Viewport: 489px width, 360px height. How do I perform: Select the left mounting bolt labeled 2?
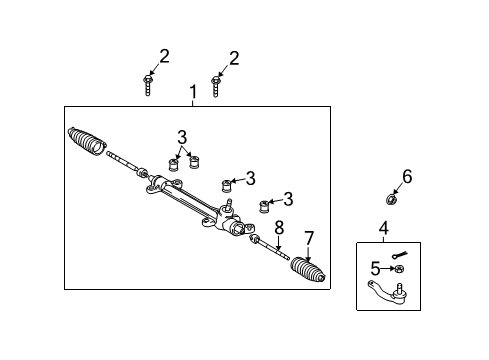pos(148,85)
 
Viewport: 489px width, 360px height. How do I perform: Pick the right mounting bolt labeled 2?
pos(216,87)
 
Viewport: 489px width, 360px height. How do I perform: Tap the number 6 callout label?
pos(407,176)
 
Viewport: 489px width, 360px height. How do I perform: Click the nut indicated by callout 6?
pos(390,200)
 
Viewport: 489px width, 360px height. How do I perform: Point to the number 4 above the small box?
pos(384,228)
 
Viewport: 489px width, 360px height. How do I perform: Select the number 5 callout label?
pos(375,268)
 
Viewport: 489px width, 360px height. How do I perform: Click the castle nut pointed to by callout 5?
pos(399,269)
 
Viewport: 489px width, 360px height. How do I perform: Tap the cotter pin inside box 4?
pos(400,256)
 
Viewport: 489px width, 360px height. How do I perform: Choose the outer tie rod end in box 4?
pos(388,292)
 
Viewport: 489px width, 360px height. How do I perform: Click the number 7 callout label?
pos(309,238)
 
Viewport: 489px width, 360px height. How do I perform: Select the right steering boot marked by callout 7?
pos(307,270)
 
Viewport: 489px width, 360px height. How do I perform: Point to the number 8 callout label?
pos(279,228)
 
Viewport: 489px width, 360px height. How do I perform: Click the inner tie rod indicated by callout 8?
pos(269,247)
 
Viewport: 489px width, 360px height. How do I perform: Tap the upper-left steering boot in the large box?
pos(87,141)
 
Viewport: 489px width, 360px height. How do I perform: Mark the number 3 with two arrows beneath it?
pos(182,137)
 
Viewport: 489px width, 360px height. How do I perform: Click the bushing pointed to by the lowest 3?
pos(264,207)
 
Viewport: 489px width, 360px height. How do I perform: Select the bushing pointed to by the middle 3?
pos(227,186)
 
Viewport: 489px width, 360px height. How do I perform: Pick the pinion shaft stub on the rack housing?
pos(228,204)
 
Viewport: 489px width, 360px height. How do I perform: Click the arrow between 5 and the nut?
pos(388,268)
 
